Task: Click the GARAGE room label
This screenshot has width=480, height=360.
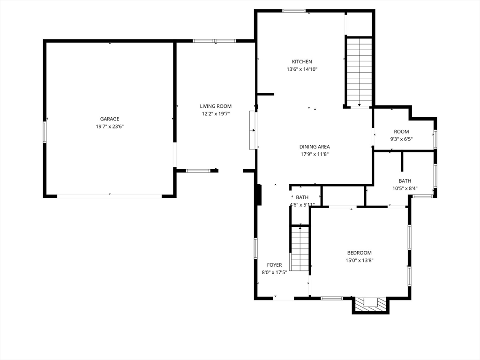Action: [x=110, y=119]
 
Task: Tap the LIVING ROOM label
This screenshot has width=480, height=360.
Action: [x=216, y=106]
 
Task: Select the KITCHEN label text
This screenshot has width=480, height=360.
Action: [x=302, y=61]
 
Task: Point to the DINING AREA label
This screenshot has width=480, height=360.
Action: [x=315, y=147]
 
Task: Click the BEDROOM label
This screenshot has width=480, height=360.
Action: [x=360, y=253]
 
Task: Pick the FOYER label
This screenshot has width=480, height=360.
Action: [x=274, y=265]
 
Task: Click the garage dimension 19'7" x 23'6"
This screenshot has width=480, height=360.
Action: [x=110, y=127]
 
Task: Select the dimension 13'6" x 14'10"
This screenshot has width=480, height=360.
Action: [x=302, y=69]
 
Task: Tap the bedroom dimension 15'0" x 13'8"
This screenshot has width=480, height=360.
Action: [x=360, y=261]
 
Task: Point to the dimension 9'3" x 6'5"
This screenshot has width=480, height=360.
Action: [x=401, y=139]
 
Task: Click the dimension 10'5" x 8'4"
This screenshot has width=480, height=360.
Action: [x=405, y=188]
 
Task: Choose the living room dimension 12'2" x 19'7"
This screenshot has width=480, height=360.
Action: [x=216, y=114]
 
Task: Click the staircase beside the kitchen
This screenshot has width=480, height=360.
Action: [x=360, y=72]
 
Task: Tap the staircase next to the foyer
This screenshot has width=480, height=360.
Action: [x=300, y=248]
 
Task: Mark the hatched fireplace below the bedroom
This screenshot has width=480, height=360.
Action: [x=371, y=305]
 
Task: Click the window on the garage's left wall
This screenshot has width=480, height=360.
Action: [x=45, y=132]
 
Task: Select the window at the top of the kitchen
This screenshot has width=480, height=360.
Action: [x=294, y=11]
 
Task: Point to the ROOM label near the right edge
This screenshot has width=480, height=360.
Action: [x=401, y=132]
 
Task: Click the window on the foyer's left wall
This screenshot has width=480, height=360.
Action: [x=255, y=248]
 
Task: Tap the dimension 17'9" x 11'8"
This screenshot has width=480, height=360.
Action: [x=315, y=154]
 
